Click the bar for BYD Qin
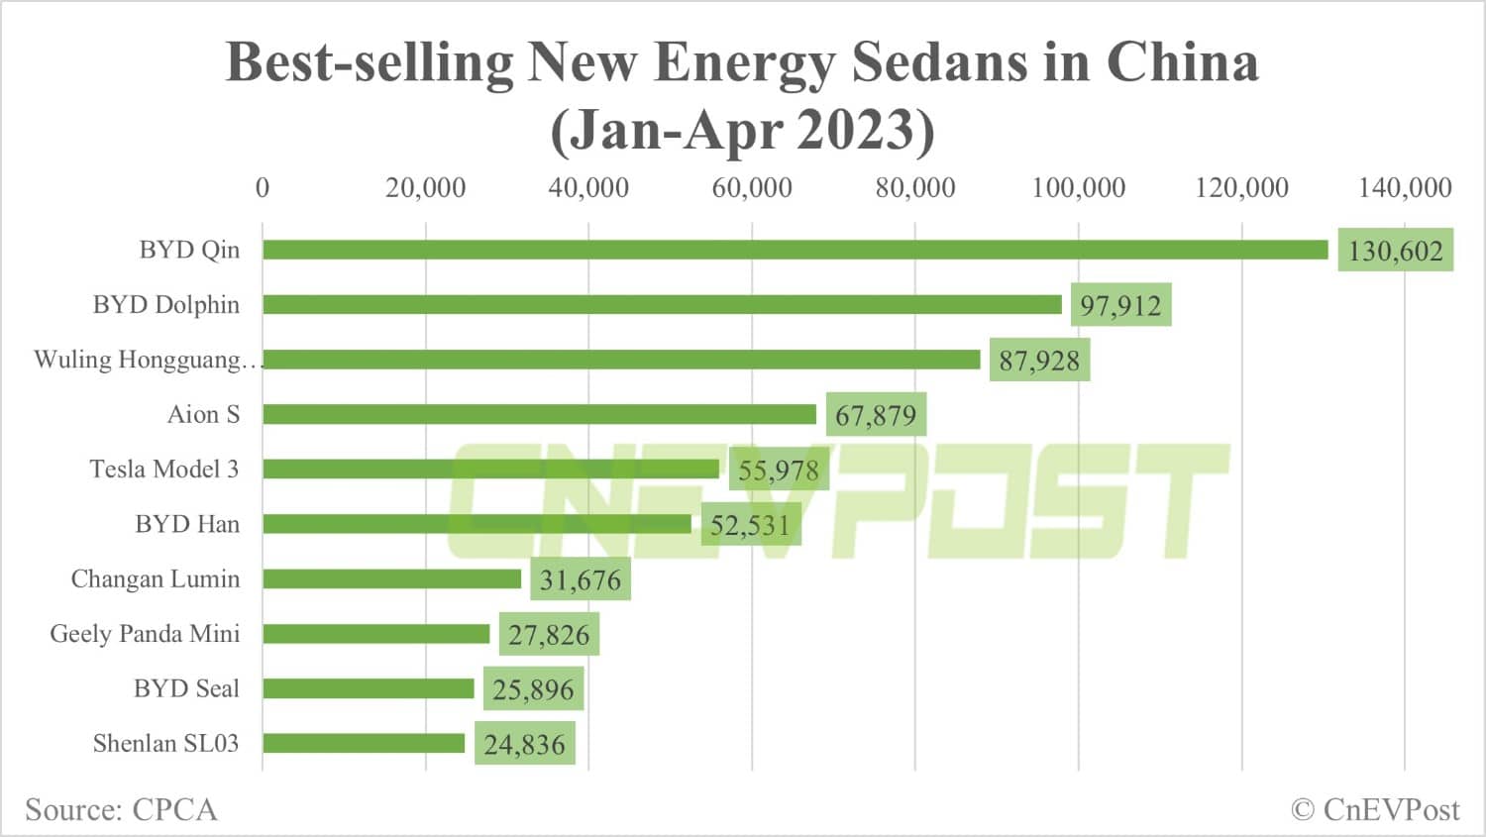point(795,250)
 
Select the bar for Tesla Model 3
point(490,469)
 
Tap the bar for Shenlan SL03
point(364,743)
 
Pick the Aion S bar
point(539,414)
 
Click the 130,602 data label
point(1395,251)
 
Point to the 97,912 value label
point(1120,305)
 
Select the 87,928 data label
point(1039,360)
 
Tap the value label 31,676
point(580,579)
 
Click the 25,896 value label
point(533,689)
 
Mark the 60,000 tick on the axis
point(752,187)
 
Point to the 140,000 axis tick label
point(1404,187)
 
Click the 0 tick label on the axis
point(263,187)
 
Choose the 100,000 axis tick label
point(1078,187)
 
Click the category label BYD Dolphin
point(166,304)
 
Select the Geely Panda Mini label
point(145,634)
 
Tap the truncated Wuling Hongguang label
point(146,360)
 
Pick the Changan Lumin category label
point(156,578)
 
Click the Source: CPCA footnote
point(121,809)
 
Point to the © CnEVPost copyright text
point(1375,809)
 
